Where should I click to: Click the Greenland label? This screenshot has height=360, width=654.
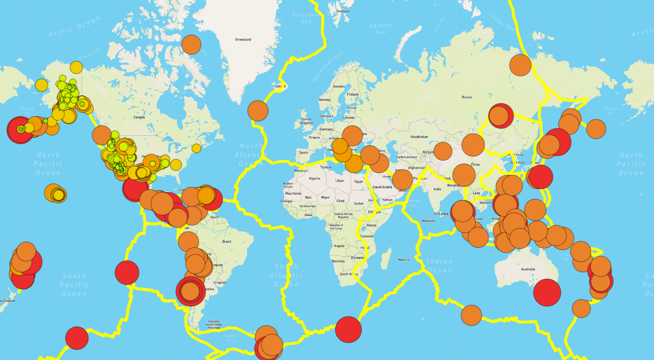[x=243, y=40]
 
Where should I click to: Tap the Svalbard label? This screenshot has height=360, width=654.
[x=342, y=11]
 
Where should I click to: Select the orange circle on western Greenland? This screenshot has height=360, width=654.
[x=191, y=45]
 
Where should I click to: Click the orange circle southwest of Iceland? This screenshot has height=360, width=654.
[x=258, y=111]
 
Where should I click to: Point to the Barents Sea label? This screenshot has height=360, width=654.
[x=380, y=29]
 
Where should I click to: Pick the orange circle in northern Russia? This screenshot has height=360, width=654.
[x=520, y=65]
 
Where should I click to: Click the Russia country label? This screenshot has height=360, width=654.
[x=467, y=97]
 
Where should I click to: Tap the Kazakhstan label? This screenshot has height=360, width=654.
[x=419, y=137]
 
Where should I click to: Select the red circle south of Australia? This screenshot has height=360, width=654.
[x=547, y=293]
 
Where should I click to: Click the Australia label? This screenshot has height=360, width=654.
[x=528, y=269]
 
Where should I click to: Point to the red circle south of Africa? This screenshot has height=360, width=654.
[x=348, y=329]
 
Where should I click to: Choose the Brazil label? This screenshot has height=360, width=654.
[x=227, y=242]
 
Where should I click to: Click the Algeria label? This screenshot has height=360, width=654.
[x=315, y=179]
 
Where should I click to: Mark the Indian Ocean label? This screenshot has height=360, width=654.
[x=439, y=266]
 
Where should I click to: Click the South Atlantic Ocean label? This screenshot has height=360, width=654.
[x=286, y=275]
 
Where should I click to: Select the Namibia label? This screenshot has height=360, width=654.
[x=338, y=262]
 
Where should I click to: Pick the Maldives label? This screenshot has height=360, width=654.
[x=429, y=221]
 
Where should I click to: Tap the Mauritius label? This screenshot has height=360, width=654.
[x=404, y=260]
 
